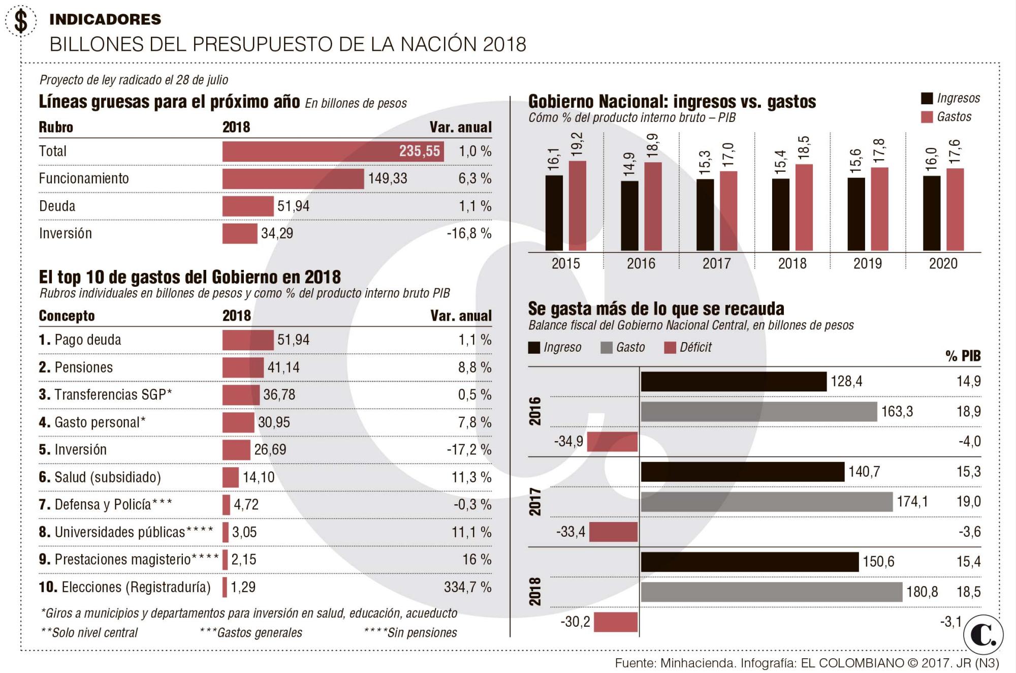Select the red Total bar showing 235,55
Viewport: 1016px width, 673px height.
tap(333, 151)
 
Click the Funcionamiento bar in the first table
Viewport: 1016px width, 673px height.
tap(293, 179)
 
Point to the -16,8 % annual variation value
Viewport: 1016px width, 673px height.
tap(469, 234)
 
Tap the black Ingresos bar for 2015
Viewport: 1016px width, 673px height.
tap(554, 213)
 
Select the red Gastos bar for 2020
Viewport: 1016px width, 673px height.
tap(955, 209)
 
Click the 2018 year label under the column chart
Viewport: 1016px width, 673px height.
tap(792, 263)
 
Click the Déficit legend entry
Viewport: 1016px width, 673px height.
tap(688, 348)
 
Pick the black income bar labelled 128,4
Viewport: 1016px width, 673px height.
tap(734, 382)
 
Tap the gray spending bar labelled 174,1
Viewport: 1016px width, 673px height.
tap(767, 502)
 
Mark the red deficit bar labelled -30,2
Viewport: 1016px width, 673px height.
tap(615, 622)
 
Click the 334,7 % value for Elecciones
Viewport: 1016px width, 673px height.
tap(467, 587)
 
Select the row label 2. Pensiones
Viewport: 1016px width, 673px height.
tap(76, 368)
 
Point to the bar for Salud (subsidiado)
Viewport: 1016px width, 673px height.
tap(231, 477)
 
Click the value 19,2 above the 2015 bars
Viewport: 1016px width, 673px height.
tap(577, 144)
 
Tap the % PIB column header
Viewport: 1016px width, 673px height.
tap(963, 356)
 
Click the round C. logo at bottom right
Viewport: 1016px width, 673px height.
tap(983, 635)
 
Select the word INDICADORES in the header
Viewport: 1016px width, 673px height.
tap(105, 19)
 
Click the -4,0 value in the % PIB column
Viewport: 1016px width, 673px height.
tap(969, 441)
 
